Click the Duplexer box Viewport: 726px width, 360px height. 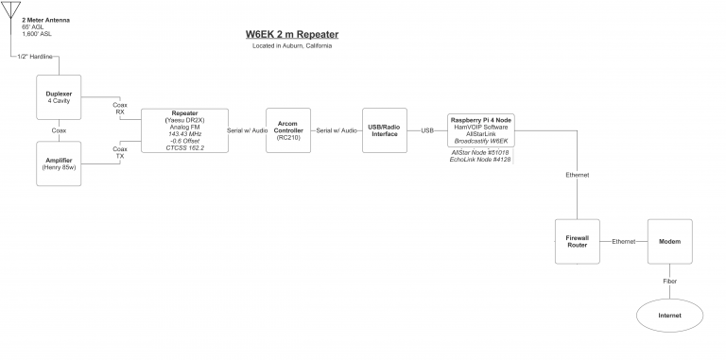[59, 97]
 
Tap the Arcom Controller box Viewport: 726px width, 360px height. [287, 129]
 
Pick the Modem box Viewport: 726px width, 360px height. [669, 242]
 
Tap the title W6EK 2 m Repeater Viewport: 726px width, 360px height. [291, 35]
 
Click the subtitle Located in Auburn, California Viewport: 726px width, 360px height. [291, 46]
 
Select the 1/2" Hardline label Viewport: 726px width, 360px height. [36, 57]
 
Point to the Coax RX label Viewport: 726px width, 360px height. [120, 108]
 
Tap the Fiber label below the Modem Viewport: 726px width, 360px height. [669, 280]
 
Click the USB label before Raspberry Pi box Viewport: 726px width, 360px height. [427, 129]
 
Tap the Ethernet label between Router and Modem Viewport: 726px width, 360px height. [624, 242]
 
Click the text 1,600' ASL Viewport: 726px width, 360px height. [38, 34]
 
